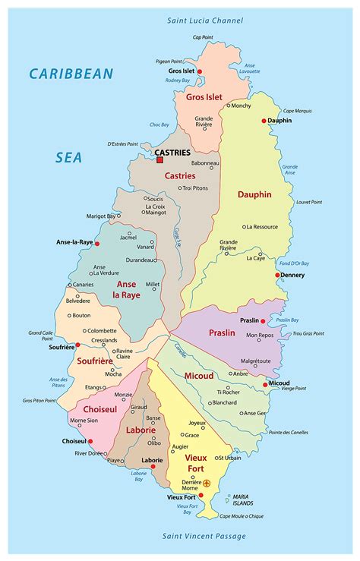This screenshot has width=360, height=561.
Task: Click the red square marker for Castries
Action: (x=159, y=160)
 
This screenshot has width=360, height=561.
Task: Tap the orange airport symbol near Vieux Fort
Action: (x=207, y=483)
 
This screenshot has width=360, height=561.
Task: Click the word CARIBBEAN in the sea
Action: (x=71, y=74)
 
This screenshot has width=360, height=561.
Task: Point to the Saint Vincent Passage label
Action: (x=204, y=536)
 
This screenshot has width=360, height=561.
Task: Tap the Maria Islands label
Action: (x=242, y=502)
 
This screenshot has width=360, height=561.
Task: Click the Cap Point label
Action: (x=202, y=36)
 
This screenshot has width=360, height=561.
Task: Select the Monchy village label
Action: (x=241, y=106)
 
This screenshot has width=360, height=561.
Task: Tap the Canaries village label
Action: (x=83, y=285)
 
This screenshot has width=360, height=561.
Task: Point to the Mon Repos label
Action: (x=259, y=335)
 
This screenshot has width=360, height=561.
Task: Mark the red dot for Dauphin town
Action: (x=264, y=121)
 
